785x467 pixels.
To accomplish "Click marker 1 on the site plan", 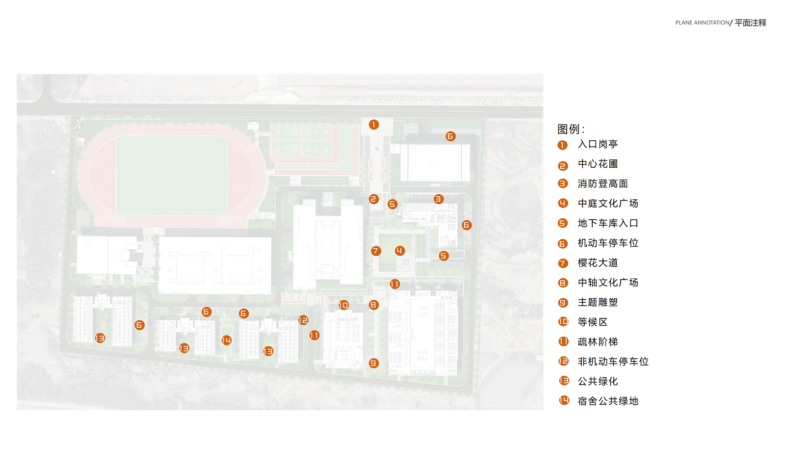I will tap(374, 125).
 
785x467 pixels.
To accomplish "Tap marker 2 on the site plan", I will tap(374, 199).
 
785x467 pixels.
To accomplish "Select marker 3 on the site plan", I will tap(439, 199).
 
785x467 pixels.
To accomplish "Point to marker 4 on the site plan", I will tap(400, 251).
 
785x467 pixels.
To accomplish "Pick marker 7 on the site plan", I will tap(376, 251).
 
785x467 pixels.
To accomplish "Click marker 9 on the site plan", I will tap(374, 363).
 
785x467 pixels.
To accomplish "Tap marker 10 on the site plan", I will tap(343, 305).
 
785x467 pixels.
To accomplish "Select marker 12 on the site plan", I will tap(303, 320).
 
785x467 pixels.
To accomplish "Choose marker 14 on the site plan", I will tap(226, 340).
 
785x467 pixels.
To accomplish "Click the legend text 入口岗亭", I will tap(598, 144).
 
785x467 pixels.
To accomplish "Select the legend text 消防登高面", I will tap(602, 184).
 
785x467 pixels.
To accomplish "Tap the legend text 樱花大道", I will tap(598, 263).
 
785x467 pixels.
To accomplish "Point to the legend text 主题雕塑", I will tap(598, 303).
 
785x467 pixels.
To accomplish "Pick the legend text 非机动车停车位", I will tap(613, 362).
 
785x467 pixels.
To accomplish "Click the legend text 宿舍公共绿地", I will tap(608, 401).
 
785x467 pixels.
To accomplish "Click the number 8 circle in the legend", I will tap(563, 283).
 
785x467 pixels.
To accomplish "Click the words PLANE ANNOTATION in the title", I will tap(702, 23).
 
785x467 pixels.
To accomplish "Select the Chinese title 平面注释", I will tap(751, 23).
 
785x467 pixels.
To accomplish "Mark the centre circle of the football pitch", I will tap(173, 175).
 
